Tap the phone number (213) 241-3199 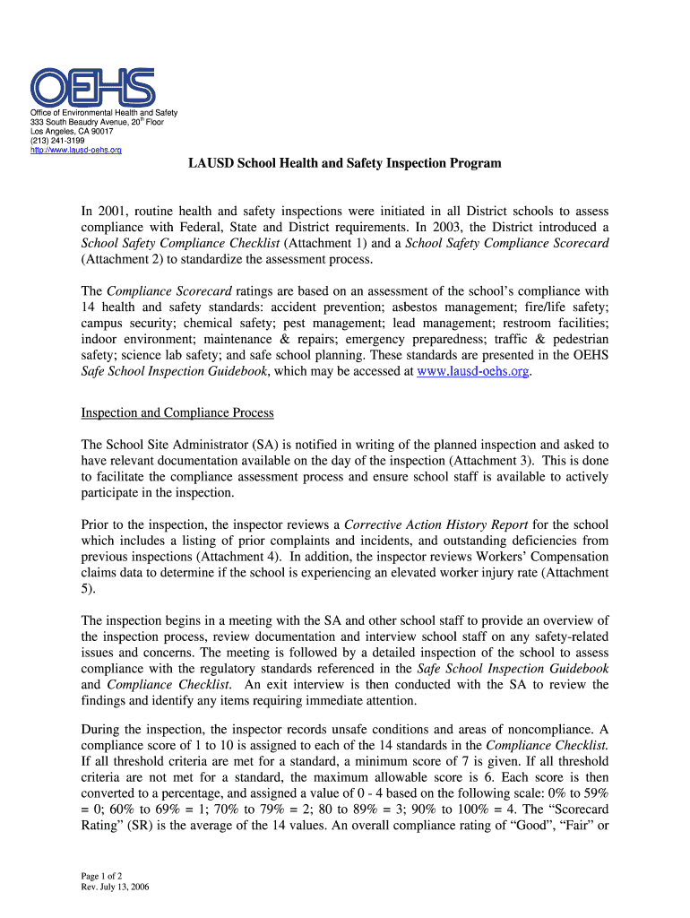click(x=58, y=140)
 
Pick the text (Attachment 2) click(x=126, y=260)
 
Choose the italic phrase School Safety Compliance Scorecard click(x=508, y=244)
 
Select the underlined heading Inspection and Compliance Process click(x=177, y=412)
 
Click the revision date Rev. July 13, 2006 click(x=115, y=887)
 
